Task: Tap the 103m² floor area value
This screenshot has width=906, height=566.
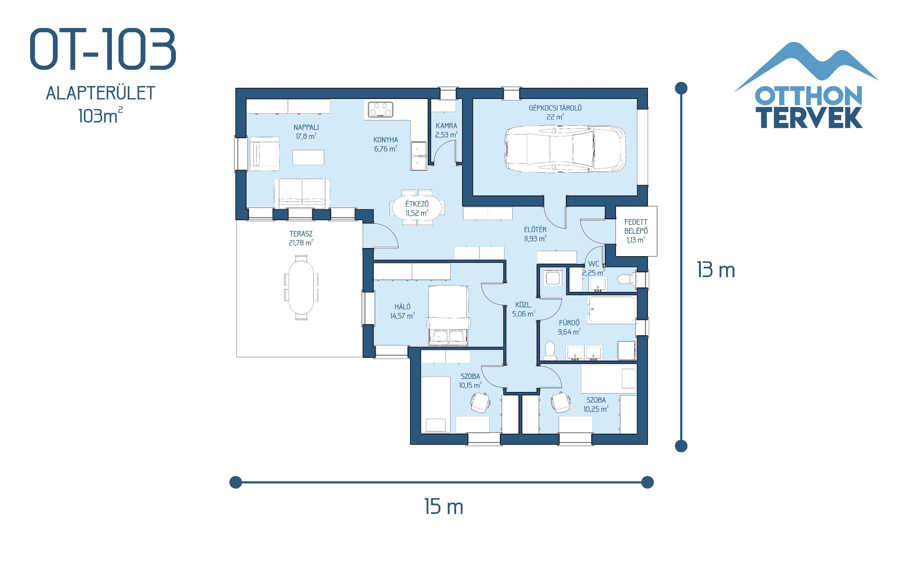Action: (100, 115)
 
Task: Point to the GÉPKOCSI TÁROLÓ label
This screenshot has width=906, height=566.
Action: (555, 108)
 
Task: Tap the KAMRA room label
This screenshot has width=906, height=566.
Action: (446, 126)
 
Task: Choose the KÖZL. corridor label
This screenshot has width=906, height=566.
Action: (523, 305)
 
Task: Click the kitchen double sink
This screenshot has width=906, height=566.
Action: (419, 156)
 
